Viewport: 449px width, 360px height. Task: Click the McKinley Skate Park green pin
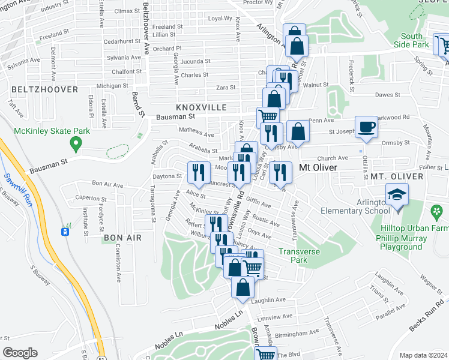(x=75, y=144)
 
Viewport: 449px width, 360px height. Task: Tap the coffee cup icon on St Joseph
(x=366, y=127)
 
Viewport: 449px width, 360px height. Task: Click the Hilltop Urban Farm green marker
(x=436, y=212)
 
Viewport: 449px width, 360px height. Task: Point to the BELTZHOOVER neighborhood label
(x=44, y=89)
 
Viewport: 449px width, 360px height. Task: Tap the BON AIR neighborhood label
(x=122, y=238)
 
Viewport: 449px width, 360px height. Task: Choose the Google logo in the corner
(x=19, y=353)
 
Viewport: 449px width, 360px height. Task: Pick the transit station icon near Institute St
(x=65, y=231)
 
